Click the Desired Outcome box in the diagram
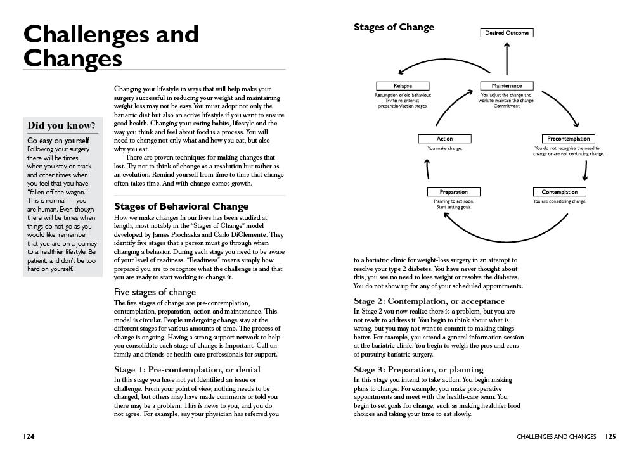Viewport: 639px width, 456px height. pos(507,33)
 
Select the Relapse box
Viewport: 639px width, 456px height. pos(403,86)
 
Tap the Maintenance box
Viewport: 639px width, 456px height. pos(507,86)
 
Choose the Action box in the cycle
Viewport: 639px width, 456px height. pos(445,139)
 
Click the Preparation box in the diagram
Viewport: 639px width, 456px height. pos(453,192)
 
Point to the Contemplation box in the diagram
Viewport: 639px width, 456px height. pos(560,192)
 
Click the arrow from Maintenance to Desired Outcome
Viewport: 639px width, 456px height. pos(507,60)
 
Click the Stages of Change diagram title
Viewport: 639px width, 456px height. pos(394,27)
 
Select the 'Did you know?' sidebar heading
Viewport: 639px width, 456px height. pos(62,125)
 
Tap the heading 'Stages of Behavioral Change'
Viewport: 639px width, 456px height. pos(181,206)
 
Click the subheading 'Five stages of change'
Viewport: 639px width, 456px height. pos(155,292)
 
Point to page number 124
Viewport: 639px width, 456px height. pos(29,436)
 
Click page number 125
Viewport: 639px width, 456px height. pos(610,436)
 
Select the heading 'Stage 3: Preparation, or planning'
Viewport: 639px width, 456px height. pos(418,370)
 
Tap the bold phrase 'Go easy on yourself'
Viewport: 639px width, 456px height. pos(58,140)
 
